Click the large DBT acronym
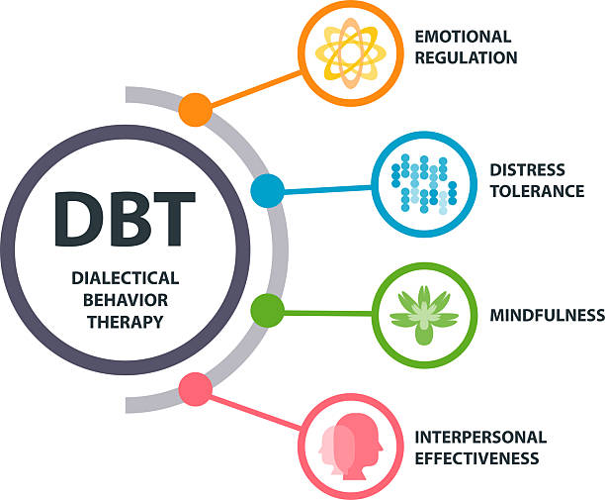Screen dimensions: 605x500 click(125, 219)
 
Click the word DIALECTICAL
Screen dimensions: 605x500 click(126, 278)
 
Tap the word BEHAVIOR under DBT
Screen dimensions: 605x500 click(126, 300)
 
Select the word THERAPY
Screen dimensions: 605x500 click(126, 322)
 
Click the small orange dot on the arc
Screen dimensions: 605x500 click(195, 109)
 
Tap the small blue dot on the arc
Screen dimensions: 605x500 click(267, 190)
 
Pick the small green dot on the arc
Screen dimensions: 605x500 click(267, 310)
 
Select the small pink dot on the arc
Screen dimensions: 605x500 click(195, 389)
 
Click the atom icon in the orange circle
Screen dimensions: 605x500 click(351, 52)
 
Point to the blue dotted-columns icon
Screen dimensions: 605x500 click(424, 184)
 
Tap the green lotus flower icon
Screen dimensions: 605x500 click(424, 315)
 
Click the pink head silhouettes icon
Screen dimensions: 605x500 click(350, 447)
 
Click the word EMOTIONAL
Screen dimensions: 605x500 click(463, 37)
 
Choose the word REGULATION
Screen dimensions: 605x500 click(466, 57)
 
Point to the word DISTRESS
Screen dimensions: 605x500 click(528, 169)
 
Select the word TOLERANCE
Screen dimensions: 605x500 click(537, 191)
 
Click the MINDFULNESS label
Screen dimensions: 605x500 click(548, 315)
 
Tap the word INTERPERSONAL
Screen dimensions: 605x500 click(480, 437)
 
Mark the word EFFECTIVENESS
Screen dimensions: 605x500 click(476, 458)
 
